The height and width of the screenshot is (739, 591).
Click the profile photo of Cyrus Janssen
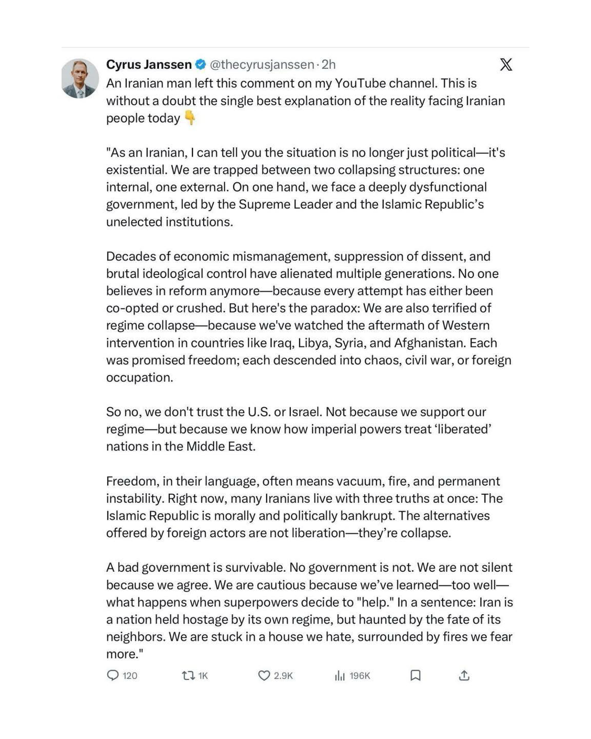(x=80, y=79)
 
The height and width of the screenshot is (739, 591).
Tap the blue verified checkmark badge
(x=201, y=65)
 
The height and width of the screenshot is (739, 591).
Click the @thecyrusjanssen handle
(x=262, y=65)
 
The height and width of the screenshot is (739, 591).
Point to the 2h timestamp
(x=328, y=65)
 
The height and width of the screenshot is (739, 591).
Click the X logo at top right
(x=506, y=65)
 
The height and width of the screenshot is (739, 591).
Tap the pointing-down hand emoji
(x=190, y=118)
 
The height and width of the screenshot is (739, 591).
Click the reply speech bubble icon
(x=113, y=675)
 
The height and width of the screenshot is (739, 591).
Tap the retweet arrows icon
(x=188, y=675)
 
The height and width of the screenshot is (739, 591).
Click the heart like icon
(x=264, y=675)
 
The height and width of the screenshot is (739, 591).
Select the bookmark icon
(x=416, y=675)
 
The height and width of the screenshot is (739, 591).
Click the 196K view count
(x=360, y=676)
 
